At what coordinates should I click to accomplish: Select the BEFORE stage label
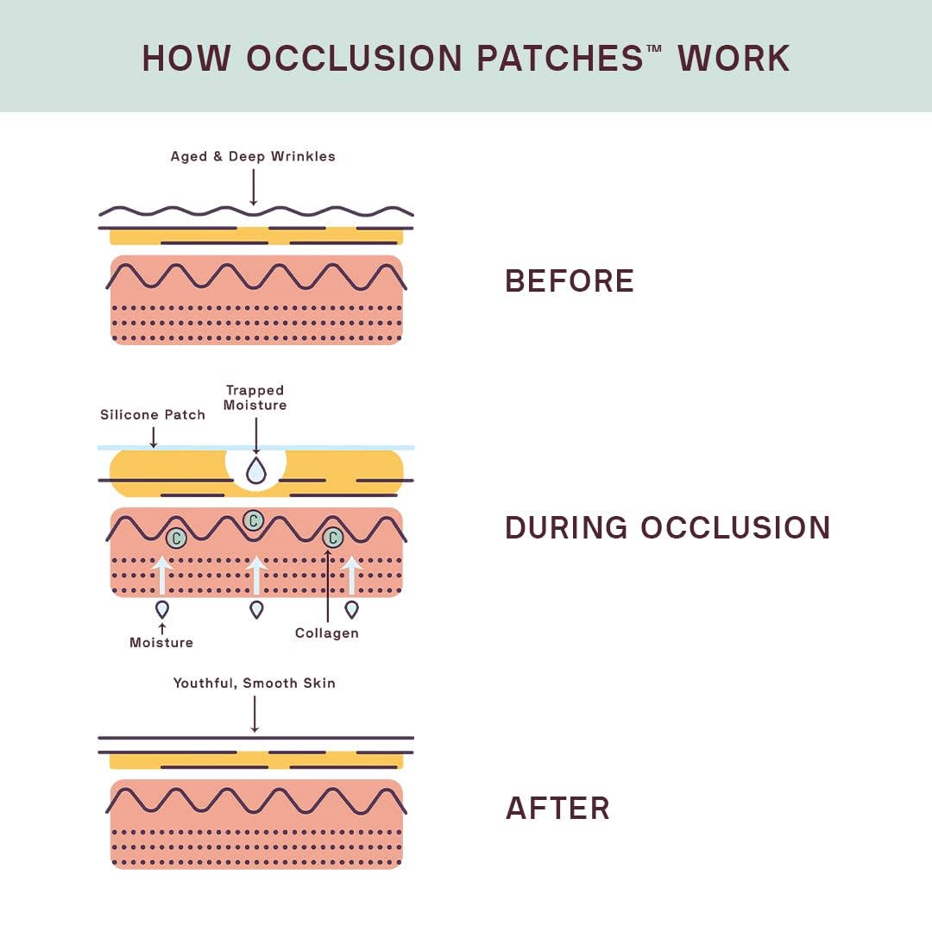click(570, 281)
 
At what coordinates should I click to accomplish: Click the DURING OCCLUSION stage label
click(667, 527)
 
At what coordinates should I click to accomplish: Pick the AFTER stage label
click(557, 809)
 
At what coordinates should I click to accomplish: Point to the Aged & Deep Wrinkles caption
click(253, 156)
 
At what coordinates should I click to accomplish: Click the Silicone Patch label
click(153, 415)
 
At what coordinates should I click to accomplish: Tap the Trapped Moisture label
click(255, 398)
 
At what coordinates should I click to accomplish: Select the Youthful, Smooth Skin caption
click(255, 683)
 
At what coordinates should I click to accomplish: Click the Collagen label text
click(326, 633)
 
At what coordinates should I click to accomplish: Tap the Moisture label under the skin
click(161, 642)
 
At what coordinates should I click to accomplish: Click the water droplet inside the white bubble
click(255, 471)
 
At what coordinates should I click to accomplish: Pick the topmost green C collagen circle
click(253, 520)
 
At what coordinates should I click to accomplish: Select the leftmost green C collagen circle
click(176, 538)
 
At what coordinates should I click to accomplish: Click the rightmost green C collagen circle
click(332, 538)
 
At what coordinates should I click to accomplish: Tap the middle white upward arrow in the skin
click(255, 575)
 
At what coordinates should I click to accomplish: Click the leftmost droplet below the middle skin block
click(161, 609)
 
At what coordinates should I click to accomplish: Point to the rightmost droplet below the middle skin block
click(351, 609)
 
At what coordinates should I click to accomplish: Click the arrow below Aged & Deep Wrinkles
click(253, 186)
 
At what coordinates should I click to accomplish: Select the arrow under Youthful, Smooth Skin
click(255, 714)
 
